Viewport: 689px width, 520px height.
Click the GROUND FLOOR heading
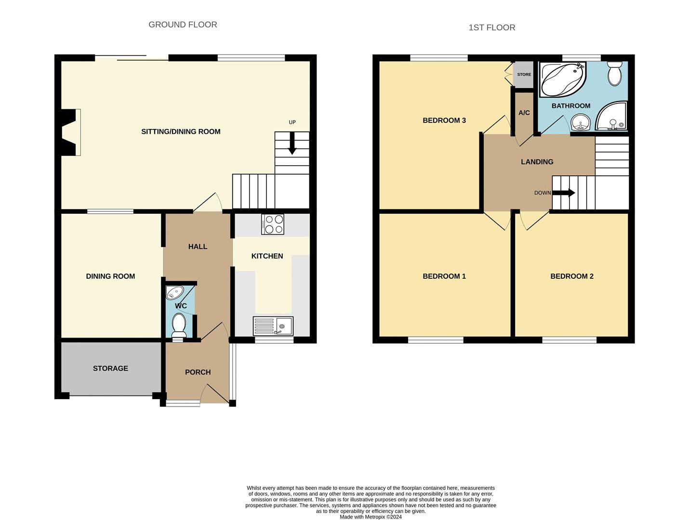pyautogui.click(x=183, y=25)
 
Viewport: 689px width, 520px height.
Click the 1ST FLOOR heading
pyautogui.click(x=491, y=27)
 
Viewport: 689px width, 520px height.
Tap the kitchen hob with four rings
pyautogui.click(x=272, y=224)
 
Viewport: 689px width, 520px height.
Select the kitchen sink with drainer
pyautogui.click(x=273, y=326)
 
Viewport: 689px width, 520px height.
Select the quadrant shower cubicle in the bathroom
pyautogui.click(x=612, y=117)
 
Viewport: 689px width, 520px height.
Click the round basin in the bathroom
pyautogui.click(x=580, y=122)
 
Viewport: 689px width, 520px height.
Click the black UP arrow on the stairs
pyautogui.click(x=292, y=144)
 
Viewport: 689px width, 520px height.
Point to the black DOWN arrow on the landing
pyautogui.click(x=564, y=193)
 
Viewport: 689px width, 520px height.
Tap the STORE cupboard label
pyautogui.click(x=524, y=75)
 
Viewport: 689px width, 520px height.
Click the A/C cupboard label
pyautogui.click(x=524, y=113)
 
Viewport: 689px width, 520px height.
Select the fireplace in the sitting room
pyautogui.click(x=70, y=132)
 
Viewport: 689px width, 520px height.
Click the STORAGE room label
pyautogui.click(x=110, y=368)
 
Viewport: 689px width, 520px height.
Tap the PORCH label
pyautogui.click(x=198, y=372)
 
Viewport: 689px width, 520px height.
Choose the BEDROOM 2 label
pyautogui.click(x=571, y=276)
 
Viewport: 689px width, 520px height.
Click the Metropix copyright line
pyautogui.click(x=371, y=517)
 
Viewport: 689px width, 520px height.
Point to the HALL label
pyautogui.click(x=198, y=247)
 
